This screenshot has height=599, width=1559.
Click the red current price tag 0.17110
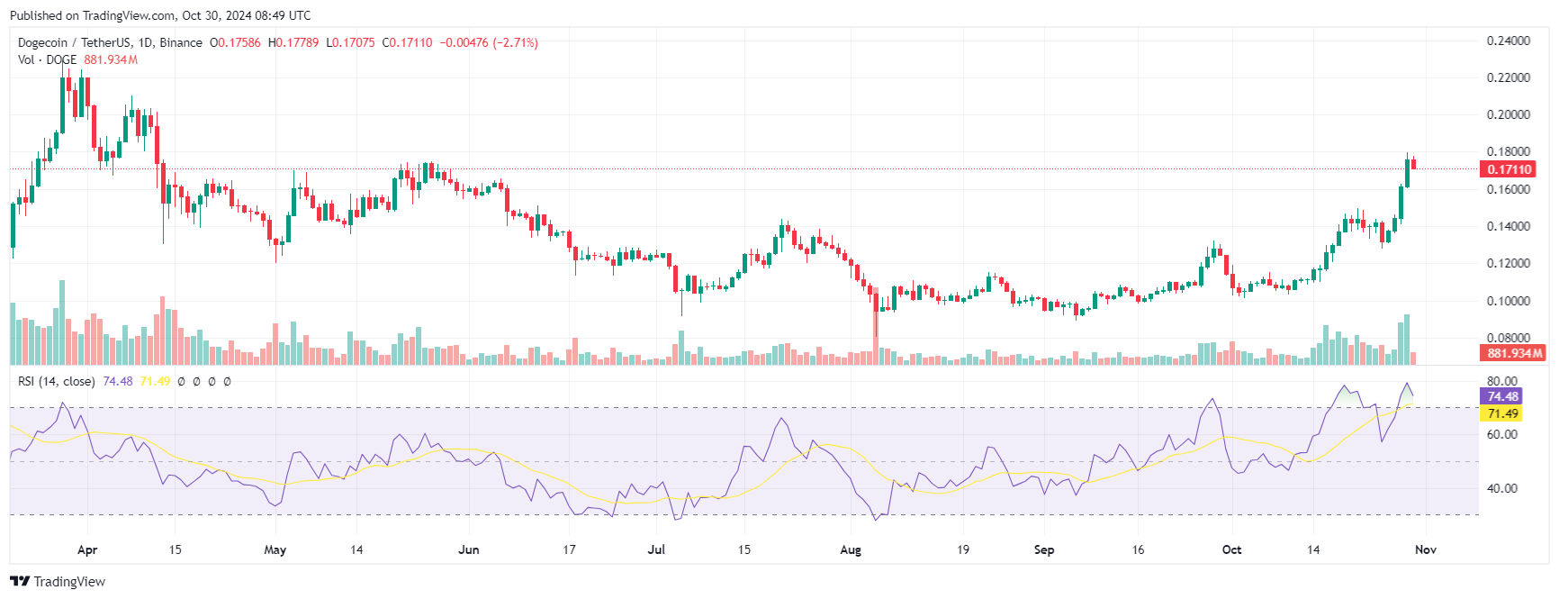[x=1509, y=169]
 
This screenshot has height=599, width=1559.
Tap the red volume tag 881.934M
[x=1514, y=353]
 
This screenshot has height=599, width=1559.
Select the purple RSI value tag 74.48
[x=1502, y=396]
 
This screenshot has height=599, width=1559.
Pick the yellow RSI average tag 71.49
[x=1502, y=413]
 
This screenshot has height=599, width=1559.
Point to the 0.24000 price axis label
[x=1509, y=41]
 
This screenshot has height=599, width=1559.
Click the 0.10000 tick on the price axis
[x=1509, y=301]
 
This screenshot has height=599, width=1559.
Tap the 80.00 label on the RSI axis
[x=1502, y=381]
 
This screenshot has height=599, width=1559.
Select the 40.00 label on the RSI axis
[x=1502, y=488]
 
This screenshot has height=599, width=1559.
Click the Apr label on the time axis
[x=87, y=549]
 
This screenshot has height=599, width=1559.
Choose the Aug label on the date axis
[x=851, y=549]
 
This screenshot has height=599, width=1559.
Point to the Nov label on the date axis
[x=1426, y=549]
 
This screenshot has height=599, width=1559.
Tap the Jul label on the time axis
[x=656, y=549]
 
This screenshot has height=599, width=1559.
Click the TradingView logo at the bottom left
[x=58, y=582]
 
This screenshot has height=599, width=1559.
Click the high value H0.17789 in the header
[x=293, y=42]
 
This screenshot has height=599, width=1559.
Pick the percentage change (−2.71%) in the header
[x=515, y=42]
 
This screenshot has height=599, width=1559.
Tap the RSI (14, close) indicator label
[x=57, y=381]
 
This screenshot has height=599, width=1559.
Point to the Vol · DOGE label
[x=47, y=59]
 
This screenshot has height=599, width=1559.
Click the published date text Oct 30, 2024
[x=220, y=15]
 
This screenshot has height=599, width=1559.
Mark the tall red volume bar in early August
[x=876, y=327]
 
